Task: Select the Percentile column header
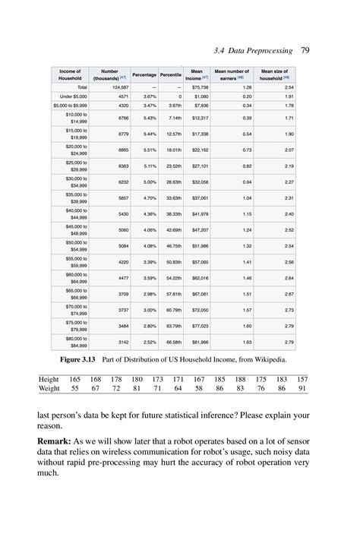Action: pos(171,74)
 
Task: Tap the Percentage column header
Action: pos(144,74)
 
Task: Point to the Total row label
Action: pos(77,87)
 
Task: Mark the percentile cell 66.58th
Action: pos(173,342)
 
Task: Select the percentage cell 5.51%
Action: pos(149,150)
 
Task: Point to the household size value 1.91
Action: pos(289,96)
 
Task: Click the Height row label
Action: pos(49,378)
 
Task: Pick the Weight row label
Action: pos(49,388)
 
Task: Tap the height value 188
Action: pos(241,378)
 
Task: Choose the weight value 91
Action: pos(302,388)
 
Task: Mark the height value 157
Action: pos(302,378)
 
